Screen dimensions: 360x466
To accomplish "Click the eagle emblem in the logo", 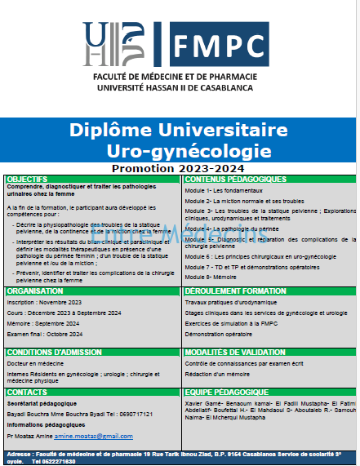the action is [x=131, y=41].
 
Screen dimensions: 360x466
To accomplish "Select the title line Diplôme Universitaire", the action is [x=179, y=131].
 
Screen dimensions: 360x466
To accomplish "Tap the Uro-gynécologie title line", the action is [x=189, y=151].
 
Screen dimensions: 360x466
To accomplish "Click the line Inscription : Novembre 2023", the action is [x=44, y=302].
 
